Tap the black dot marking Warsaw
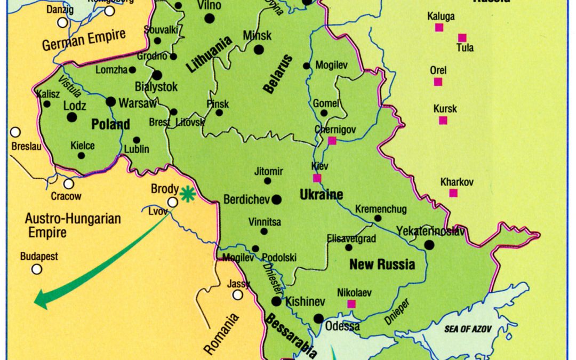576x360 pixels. [x=111, y=101]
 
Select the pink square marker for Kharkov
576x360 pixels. [x=453, y=193]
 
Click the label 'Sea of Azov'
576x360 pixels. [x=467, y=329]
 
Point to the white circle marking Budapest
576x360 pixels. [x=37, y=269]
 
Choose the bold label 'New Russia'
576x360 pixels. [x=381, y=264]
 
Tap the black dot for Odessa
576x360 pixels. [x=318, y=319]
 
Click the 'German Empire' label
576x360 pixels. [x=84, y=41]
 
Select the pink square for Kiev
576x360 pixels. [x=317, y=178]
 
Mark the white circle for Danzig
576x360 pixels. [x=63, y=22]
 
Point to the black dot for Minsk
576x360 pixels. [x=259, y=50]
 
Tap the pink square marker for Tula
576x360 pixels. [x=462, y=38]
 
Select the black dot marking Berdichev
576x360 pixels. [x=276, y=199]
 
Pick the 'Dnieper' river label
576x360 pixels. [x=396, y=313]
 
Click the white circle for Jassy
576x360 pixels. [x=237, y=295]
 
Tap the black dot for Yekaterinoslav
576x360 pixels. [x=429, y=245]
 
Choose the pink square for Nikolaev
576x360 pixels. [x=351, y=304]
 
